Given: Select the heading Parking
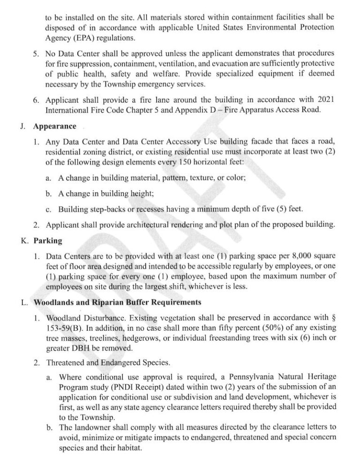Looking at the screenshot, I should coord(48,241).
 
